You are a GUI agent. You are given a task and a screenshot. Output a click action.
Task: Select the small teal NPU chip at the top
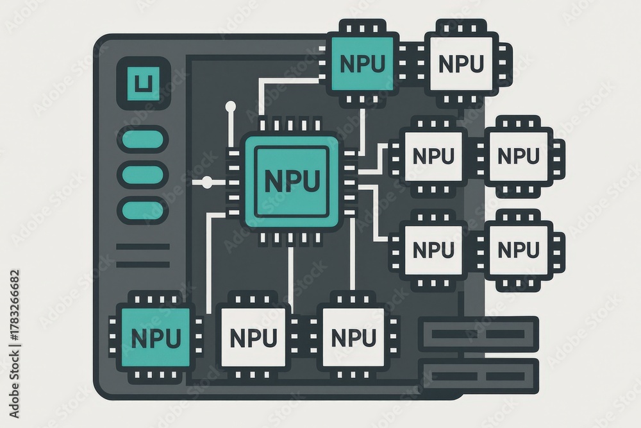point(362,63)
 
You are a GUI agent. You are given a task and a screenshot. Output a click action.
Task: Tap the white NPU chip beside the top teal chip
point(461,63)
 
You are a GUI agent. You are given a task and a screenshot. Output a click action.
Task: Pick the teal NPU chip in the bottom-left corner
point(156,337)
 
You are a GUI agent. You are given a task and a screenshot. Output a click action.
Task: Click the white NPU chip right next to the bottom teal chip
point(253,337)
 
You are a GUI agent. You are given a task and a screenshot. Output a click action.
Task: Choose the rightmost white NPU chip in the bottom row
point(354,337)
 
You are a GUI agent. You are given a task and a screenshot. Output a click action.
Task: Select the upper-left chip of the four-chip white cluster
point(434,155)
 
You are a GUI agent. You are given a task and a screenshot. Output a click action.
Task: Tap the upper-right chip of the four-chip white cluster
point(518,155)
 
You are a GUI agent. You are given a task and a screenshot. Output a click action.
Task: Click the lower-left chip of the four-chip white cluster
point(434,250)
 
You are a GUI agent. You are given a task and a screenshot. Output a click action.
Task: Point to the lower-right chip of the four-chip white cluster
point(518,250)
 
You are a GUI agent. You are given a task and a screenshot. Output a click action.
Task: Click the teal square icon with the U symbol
point(144,83)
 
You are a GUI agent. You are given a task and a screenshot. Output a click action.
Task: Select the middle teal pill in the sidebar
point(143,175)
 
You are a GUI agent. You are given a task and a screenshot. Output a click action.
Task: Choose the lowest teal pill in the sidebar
point(143,210)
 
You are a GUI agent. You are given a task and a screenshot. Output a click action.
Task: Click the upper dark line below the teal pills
point(143,247)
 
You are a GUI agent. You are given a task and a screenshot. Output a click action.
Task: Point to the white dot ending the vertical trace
point(231,107)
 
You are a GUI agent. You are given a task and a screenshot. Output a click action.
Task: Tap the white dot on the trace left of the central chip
point(207,182)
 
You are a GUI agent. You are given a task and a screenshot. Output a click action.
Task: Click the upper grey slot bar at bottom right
point(479,334)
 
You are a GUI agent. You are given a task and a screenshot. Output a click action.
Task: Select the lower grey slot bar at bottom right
point(479,375)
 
